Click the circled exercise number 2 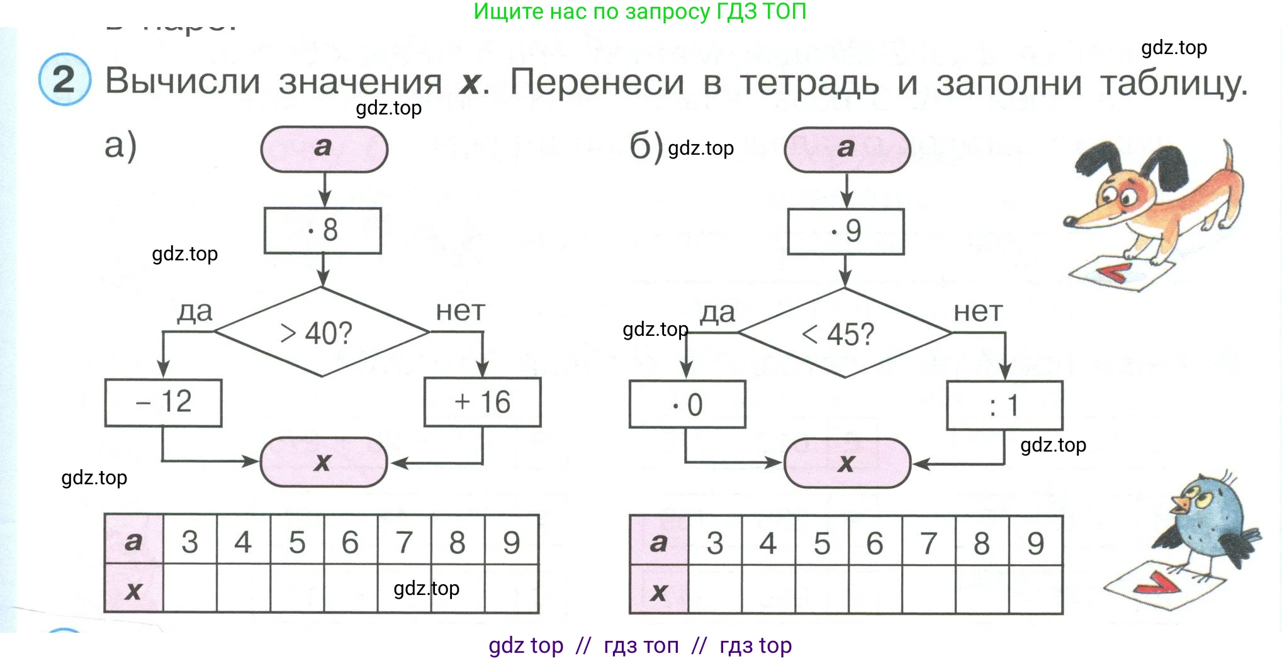[64, 80]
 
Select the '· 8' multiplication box [323, 230]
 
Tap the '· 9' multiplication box [846, 231]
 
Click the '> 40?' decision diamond [322, 332]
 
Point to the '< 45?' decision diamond [844, 333]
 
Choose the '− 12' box [163, 403]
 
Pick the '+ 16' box [482, 403]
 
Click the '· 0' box [687, 404]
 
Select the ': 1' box [1004, 405]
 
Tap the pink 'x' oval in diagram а [323, 462]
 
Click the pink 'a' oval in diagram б [846, 149]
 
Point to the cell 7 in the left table [404, 542]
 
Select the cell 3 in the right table [715, 543]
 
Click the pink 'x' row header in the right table [659, 591]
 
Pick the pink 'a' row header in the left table [133, 540]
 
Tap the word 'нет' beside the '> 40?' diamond [461, 311]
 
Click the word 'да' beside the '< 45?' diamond [717, 312]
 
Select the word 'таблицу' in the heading [1173, 83]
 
